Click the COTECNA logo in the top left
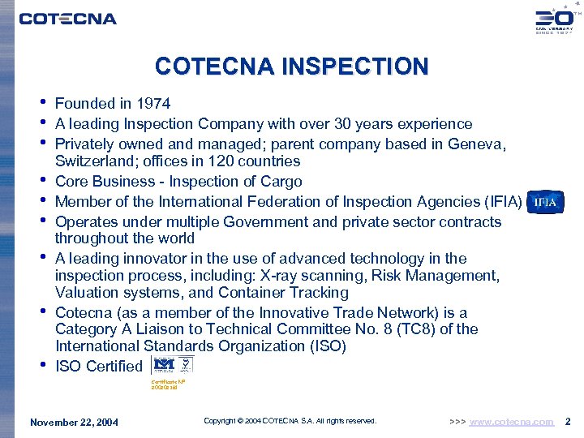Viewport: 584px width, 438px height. [x=68, y=18]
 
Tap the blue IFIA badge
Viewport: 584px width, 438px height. [x=545, y=202]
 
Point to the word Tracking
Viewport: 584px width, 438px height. [x=315, y=293]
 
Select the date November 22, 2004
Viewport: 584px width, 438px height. [x=74, y=422]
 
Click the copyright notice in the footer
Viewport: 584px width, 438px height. [x=290, y=421]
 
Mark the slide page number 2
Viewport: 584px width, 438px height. [x=568, y=421]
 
